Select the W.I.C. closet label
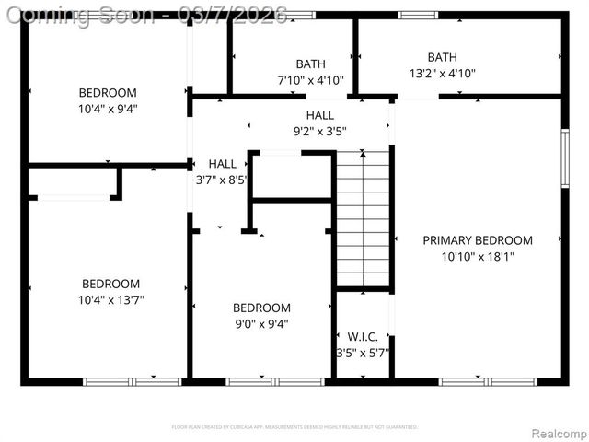tap(363, 337)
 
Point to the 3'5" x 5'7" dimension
tap(363, 353)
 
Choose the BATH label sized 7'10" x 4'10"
tap(310, 64)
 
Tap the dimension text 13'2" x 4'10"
tap(442, 74)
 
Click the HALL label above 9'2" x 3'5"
tap(320, 114)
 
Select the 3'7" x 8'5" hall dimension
tap(222, 180)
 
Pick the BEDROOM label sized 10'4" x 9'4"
tap(108, 93)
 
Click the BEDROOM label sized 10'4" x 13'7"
tap(111, 284)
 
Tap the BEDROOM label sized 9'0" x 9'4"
tap(261, 308)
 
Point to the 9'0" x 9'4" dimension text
tap(261, 323)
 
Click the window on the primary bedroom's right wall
tap(565, 158)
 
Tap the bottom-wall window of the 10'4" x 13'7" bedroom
tap(133, 381)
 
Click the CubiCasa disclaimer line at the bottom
tap(294, 427)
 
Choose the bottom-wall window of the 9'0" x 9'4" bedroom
tap(274, 381)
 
